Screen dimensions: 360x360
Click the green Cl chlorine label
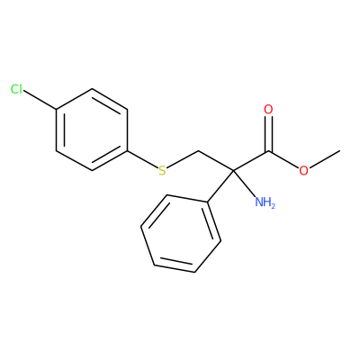point(16,89)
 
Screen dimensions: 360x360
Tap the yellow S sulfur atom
point(162,170)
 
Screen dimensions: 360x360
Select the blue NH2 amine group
point(265,202)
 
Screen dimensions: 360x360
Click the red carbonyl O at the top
point(268,110)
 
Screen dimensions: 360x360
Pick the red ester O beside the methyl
point(303,170)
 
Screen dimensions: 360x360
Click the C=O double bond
point(269,133)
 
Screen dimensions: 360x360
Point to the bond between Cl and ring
point(40,100)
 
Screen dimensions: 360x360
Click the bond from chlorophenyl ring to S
point(143,159)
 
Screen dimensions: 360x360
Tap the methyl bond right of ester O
point(324,159)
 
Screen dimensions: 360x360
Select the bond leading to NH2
point(244,184)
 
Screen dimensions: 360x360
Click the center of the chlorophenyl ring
point(92,130)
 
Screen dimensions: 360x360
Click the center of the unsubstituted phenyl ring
point(181,234)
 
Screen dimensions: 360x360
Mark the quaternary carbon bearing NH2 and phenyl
point(233,170)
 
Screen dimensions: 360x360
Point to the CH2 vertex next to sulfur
point(198,150)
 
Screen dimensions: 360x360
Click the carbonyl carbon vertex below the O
point(268,150)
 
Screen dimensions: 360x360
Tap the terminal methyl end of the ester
point(340,150)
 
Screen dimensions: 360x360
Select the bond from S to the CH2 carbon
point(182,159)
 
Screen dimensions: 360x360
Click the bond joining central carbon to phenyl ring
point(220,186)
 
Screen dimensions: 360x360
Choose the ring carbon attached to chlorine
point(57,110)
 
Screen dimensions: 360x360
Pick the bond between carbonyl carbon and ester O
point(283,159)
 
